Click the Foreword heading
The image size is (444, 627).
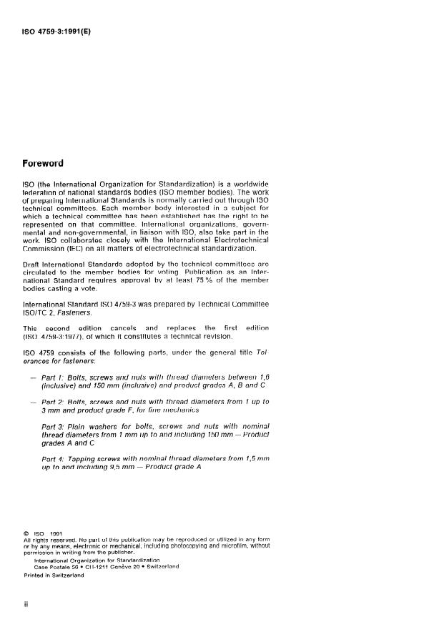pyautogui.click(x=44, y=163)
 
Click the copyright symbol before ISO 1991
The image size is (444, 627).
pyautogui.click(x=26, y=531)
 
